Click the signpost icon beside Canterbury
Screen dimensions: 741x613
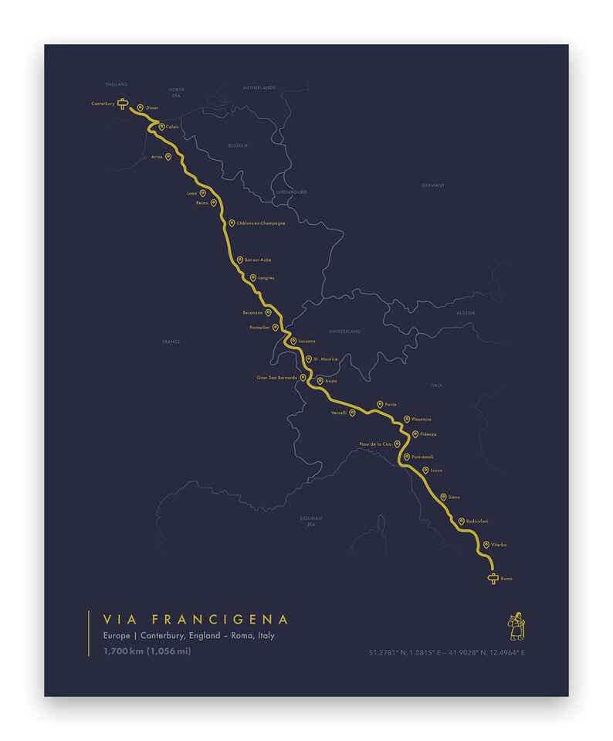[x=122, y=104]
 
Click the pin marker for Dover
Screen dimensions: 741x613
[x=140, y=108]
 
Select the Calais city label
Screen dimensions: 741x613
[x=172, y=127]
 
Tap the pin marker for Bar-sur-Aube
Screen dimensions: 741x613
[x=239, y=260]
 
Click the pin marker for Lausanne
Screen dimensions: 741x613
[x=293, y=341]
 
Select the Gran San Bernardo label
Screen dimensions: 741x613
[x=277, y=378]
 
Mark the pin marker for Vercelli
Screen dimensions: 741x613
[x=352, y=413]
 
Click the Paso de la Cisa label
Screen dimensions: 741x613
[x=375, y=444]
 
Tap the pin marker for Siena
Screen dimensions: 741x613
[x=443, y=497]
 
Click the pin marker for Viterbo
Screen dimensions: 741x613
[x=486, y=545]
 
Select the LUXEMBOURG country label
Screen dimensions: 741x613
[x=291, y=191]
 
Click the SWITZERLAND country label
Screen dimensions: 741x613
[x=345, y=331]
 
